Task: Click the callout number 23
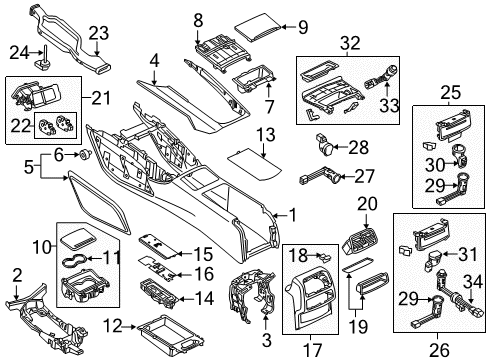click(99, 34)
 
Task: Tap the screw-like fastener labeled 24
click(44, 59)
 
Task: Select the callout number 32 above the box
click(350, 43)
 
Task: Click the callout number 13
click(266, 135)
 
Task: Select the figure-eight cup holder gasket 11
click(75, 260)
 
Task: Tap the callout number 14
click(204, 298)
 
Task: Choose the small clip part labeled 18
click(324, 256)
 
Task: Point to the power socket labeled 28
click(324, 145)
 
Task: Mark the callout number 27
click(364, 176)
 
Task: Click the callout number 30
click(435, 165)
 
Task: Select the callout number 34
click(473, 282)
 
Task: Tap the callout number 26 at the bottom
click(439, 350)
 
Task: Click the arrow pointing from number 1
click(279, 216)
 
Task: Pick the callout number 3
click(267, 340)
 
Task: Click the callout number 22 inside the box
click(21, 126)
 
